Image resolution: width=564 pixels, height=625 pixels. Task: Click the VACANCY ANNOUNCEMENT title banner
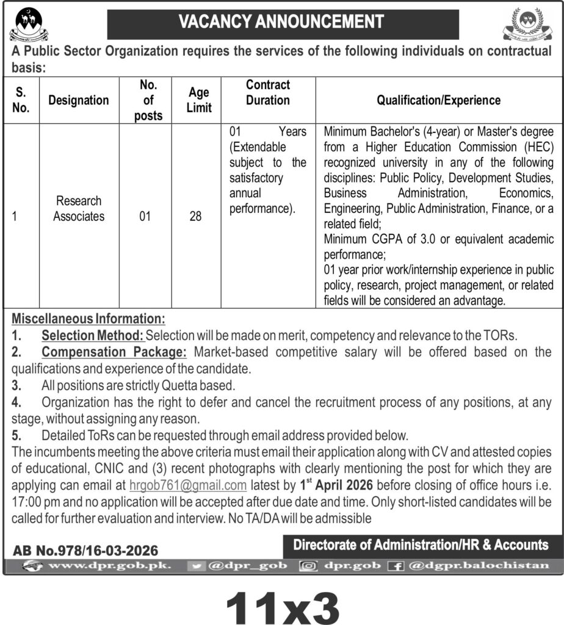281,22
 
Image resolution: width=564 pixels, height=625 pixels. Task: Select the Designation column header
79,101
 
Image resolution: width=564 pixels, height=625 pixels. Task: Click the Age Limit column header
199,100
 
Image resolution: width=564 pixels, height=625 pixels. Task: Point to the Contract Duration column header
268,92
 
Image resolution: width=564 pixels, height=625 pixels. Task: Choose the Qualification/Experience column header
438,101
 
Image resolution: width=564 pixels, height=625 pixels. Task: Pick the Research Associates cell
79,208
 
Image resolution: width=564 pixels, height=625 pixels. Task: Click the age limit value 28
195,216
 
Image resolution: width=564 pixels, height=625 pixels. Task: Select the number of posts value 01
145,216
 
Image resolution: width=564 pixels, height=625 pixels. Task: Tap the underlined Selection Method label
92,335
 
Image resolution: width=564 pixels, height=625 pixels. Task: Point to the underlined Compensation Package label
114,352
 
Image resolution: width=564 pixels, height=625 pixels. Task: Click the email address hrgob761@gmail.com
188,486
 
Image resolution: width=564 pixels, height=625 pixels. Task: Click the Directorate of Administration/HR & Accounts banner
421,544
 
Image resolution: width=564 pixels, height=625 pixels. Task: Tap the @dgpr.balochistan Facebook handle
479,566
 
